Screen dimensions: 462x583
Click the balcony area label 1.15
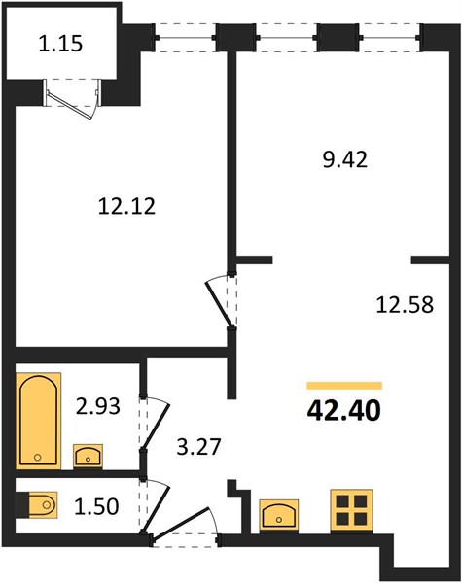pyautogui.click(x=60, y=44)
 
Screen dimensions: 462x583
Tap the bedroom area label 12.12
pyautogui.click(x=126, y=206)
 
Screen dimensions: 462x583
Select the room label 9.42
pyautogui.click(x=345, y=159)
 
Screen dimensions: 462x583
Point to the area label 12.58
pyautogui.click(x=405, y=304)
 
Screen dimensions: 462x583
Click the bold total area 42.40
pyautogui.click(x=343, y=411)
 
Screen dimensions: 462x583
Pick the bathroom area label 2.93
pyautogui.click(x=97, y=405)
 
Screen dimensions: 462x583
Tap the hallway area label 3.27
pyautogui.click(x=198, y=446)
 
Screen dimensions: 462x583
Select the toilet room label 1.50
pyautogui.click(x=96, y=506)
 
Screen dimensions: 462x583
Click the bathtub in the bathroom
pyautogui.click(x=39, y=421)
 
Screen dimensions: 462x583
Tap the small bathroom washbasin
pyautogui.click(x=88, y=456)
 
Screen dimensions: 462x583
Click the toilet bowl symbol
pyautogui.click(x=42, y=505)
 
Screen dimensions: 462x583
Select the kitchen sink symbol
pyautogui.click(x=279, y=516)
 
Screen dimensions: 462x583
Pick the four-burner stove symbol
pyautogui.click(x=351, y=511)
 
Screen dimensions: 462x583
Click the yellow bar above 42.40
pyautogui.click(x=344, y=386)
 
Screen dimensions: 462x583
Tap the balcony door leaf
pyautogui.click(x=70, y=106)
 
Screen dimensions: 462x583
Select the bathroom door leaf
pyautogui.click(x=156, y=427)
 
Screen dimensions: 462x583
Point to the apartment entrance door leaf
pyautogui.click(x=180, y=523)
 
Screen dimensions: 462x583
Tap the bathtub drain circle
pyautogui.click(x=37, y=457)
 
